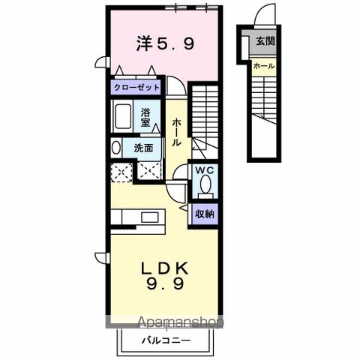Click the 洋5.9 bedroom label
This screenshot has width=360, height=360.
pos(166,44)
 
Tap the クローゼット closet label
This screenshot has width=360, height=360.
pos(136,87)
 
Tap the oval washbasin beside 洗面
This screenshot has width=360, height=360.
pos(115,148)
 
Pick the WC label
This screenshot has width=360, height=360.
pos(205,170)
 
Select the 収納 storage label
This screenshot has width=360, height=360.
pos(205,214)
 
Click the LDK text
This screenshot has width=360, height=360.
pos(166,268)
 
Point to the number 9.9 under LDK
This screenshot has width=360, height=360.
pos(166,285)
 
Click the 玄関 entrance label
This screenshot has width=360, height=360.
pos(265,41)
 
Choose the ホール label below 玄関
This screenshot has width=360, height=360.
pos(263,66)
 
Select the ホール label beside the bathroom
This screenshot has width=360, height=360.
pos(175,133)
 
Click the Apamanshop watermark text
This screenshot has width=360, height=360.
pos(181,324)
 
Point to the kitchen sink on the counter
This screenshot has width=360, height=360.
pos(148,217)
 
